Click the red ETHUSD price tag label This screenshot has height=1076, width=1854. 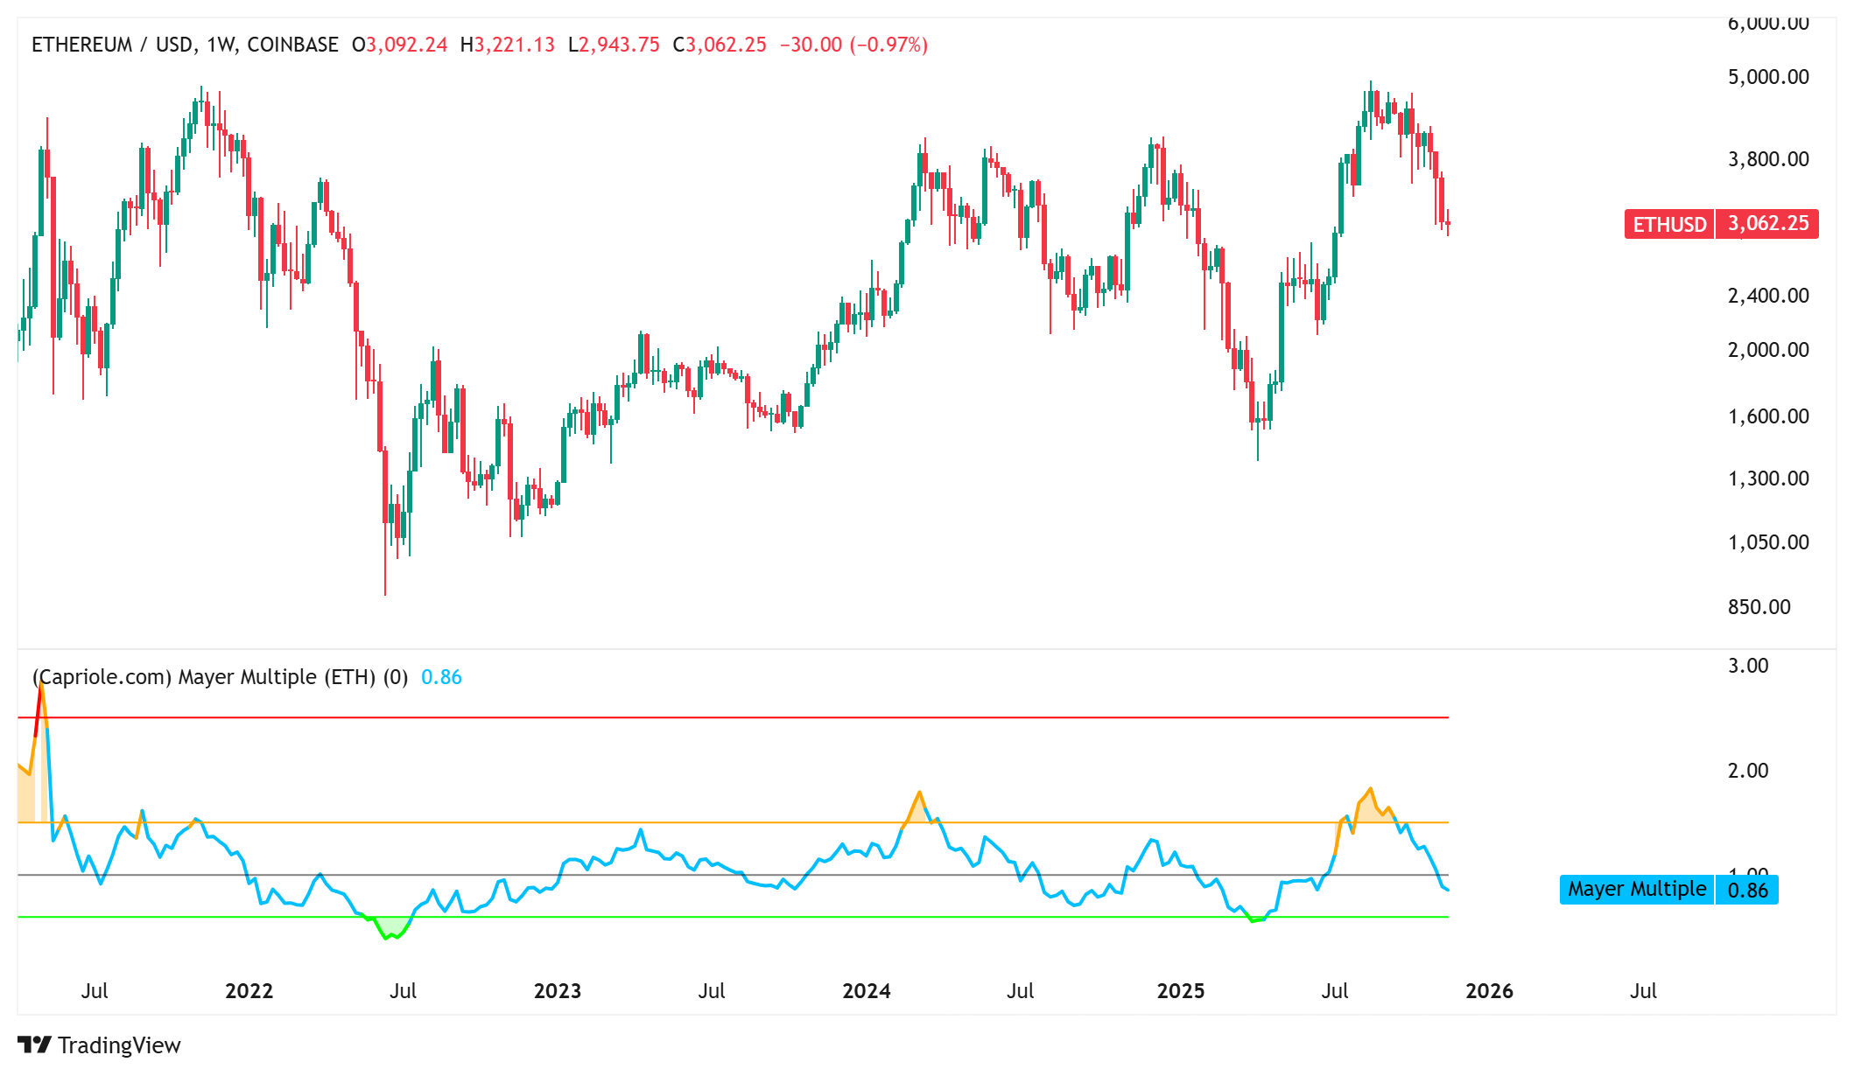tap(1668, 224)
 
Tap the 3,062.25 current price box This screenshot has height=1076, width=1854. tap(1767, 224)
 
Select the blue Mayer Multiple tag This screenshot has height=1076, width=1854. tap(1636, 890)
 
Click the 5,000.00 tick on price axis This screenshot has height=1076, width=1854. tap(1767, 77)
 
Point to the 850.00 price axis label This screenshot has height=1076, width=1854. tap(1759, 607)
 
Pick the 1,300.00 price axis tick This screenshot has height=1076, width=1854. tap(1767, 479)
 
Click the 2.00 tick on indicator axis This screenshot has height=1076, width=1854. tap(1747, 771)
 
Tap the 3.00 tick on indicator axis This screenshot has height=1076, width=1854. tap(1747, 666)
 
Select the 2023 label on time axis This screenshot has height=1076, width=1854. tap(557, 991)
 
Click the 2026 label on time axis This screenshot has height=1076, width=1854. tap(1488, 991)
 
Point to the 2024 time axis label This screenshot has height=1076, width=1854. tap(866, 991)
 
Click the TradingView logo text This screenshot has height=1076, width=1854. tap(119, 1045)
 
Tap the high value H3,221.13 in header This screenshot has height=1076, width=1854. tap(508, 45)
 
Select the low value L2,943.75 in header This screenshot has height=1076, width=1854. tap(614, 45)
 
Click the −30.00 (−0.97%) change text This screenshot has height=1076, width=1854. tap(853, 45)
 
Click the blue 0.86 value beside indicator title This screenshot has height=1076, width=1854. tap(441, 677)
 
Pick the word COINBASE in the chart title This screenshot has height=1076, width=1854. tap(292, 45)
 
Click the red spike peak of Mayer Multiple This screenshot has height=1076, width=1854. tap(40, 686)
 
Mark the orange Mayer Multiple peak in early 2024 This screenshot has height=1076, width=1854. tap(919, 793)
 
